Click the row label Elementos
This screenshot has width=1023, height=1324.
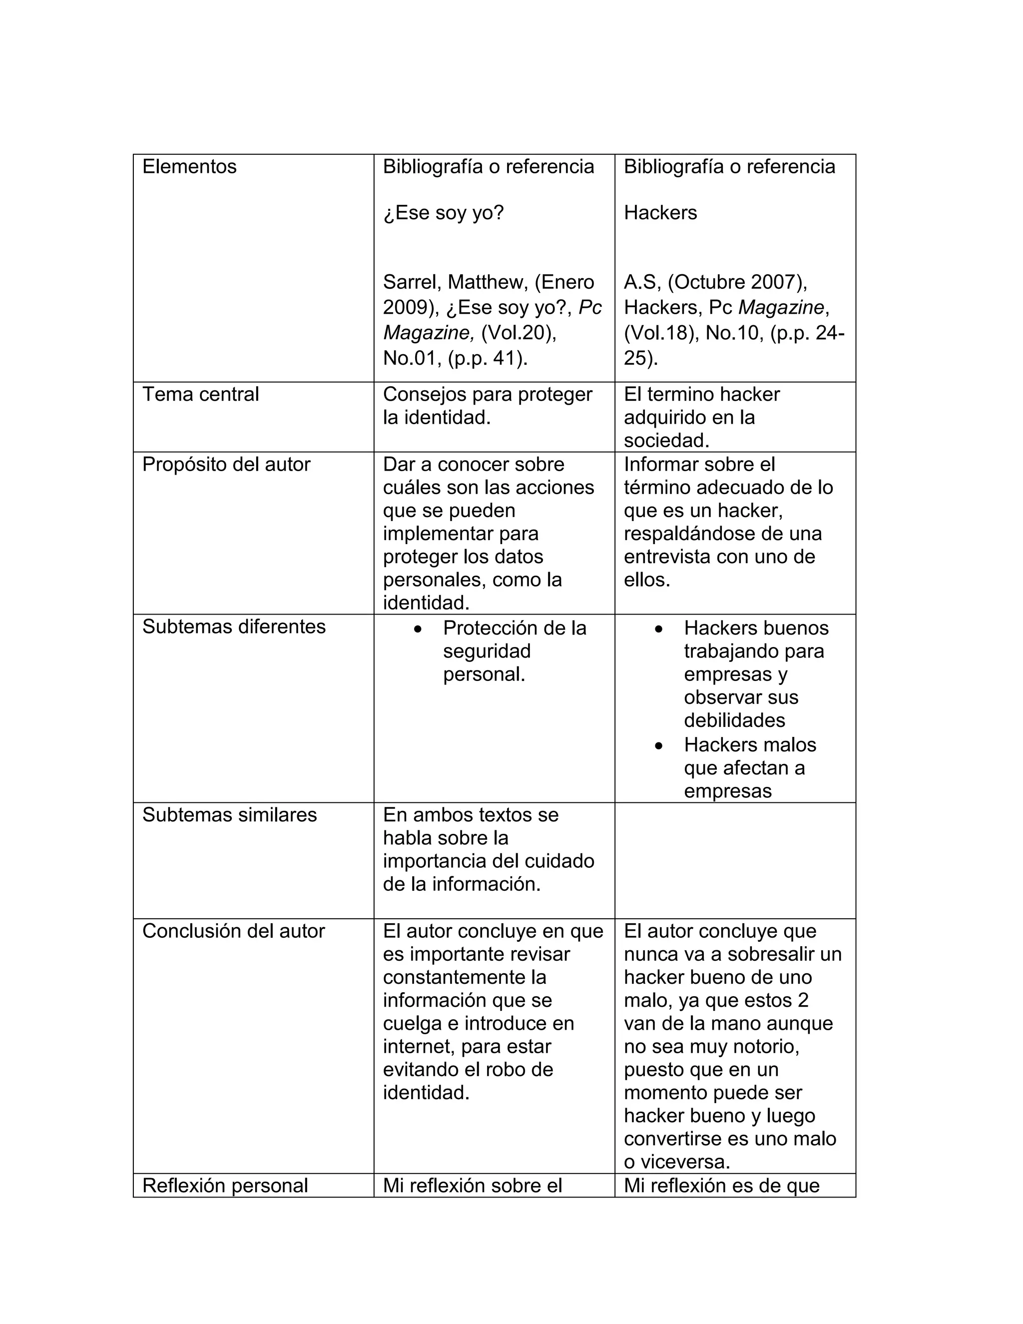(x=189, y=167)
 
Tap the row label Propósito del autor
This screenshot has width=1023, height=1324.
(x=226, y=464)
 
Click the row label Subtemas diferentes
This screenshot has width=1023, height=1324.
(x=234, y=627)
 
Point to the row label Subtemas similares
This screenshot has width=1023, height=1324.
(x=229, y=815)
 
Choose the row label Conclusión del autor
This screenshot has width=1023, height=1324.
(x=233, y=931)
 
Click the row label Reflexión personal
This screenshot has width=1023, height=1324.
(x=225, y=1186)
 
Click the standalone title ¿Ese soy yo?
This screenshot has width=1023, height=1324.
(x=443, y=213)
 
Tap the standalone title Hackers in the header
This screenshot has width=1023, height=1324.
(x=660, y=213)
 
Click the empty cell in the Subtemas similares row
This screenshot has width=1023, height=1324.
(x=734, y=861)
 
